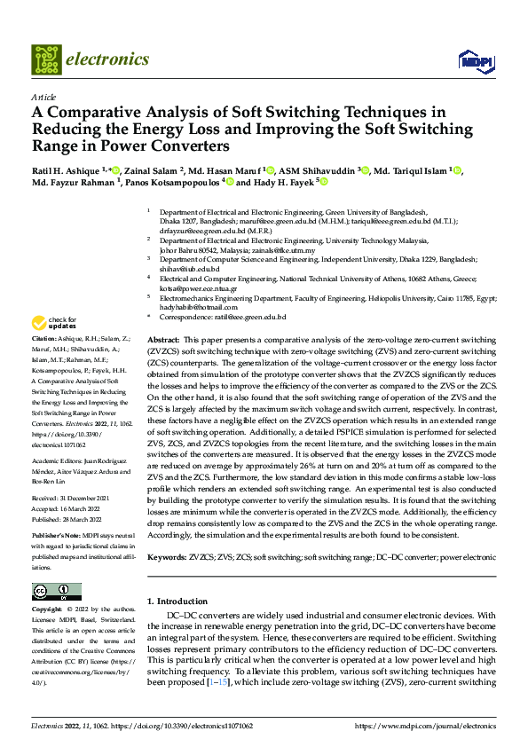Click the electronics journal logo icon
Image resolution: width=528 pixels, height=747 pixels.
(x=45, y=59)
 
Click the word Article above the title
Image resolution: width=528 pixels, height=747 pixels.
(x=43, y=96)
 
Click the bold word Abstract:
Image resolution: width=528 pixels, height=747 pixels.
(x=162, y=340)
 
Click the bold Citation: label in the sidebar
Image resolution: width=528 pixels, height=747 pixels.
(x=43, y=340)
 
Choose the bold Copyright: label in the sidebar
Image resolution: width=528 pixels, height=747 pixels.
(x=47, y=610)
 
